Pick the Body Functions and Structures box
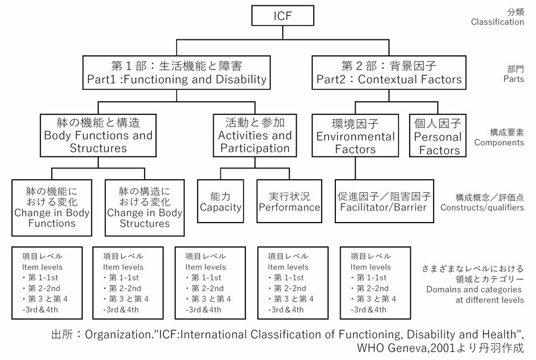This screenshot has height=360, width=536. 98,135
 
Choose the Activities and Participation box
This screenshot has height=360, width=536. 255,135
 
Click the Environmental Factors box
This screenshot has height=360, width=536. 355,136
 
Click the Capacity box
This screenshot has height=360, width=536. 220,201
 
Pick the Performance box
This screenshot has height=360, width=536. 289,201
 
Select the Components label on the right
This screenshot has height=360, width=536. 499,143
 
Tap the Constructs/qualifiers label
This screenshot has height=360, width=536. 482,208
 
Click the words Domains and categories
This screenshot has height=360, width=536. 475,289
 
